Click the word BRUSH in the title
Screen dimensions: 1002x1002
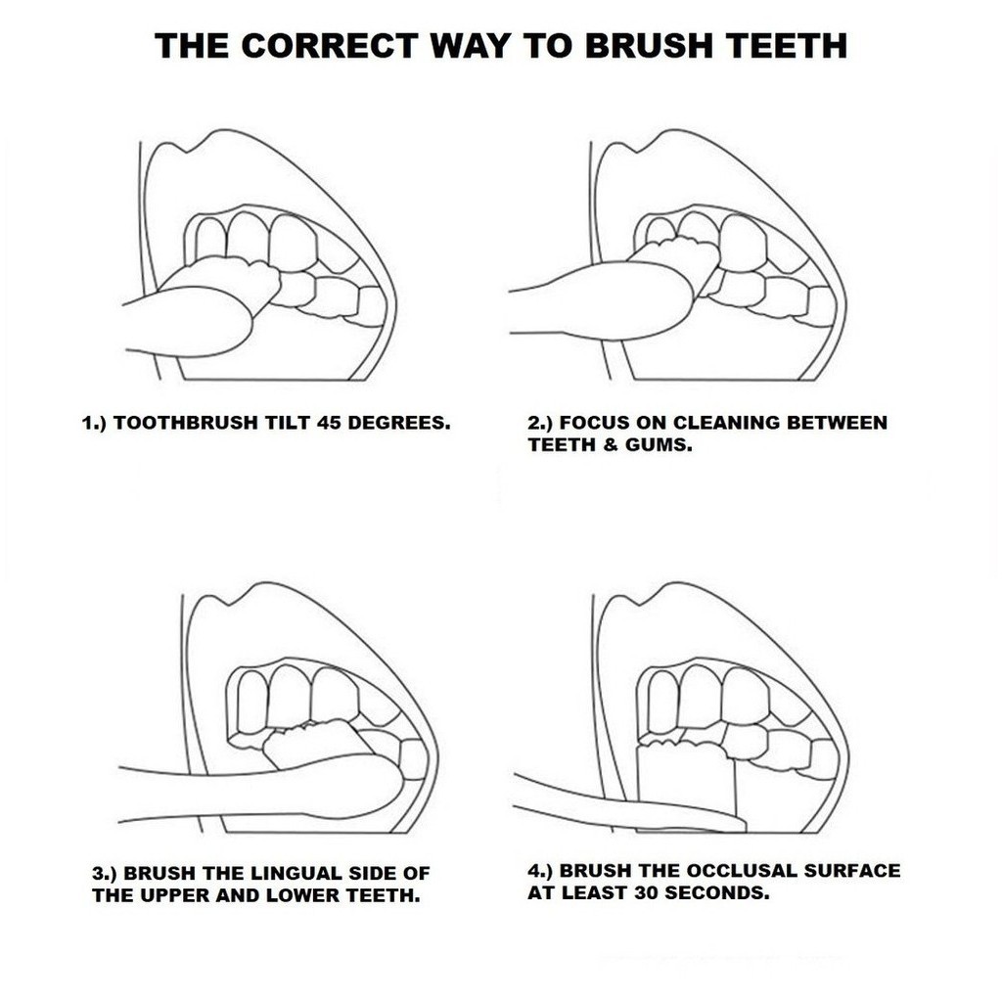point(649,45)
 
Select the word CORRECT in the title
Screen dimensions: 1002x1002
point(330,45)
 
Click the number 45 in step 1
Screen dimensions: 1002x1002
point(329,423)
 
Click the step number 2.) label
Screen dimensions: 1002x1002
point(540,423)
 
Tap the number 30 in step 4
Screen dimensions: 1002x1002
point(648,892)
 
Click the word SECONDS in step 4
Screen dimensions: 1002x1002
point(718,892)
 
